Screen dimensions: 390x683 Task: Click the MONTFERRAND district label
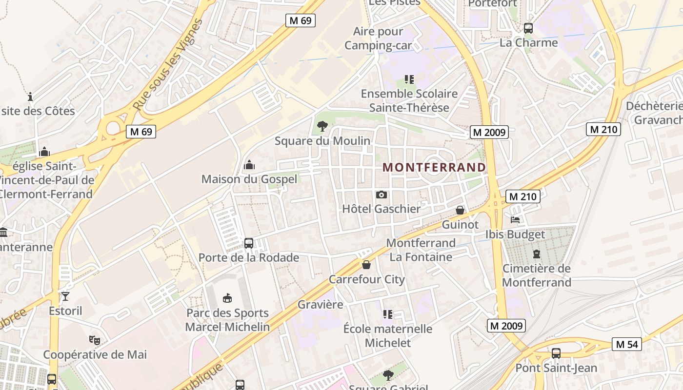(x=434, y=167)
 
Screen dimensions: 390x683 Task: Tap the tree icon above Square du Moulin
(x=322, y=127)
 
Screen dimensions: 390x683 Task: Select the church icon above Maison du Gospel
(x=249, y=165)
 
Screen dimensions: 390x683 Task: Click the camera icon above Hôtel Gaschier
(x=382, y=195)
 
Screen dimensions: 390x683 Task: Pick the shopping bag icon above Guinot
(x=460, y=210)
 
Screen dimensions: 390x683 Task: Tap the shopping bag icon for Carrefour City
(x=366, y=265)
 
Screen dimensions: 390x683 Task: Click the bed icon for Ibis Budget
(x=515, y=220)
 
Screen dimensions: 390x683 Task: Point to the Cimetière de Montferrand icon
(x=537, y=254)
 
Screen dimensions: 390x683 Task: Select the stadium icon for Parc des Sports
(x=227, y=298)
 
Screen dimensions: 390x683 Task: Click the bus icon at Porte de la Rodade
(x=248, y=243)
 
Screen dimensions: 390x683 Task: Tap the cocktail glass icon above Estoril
(x=65, y=296)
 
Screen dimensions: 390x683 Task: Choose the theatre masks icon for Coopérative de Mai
(x=95, y=340)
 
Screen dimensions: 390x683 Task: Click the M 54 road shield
(x=627, y=344)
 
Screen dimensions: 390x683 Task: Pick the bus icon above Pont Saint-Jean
(x=556, y=353)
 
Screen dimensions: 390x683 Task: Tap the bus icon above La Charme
(x=528, y=28)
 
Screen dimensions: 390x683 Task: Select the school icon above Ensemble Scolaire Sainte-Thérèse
(x=409, y=79)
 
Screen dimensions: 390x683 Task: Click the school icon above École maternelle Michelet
(x=388, y=314)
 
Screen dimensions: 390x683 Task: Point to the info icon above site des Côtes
(x=30, y=97)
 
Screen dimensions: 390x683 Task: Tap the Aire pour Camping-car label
(x=379, y=39)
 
